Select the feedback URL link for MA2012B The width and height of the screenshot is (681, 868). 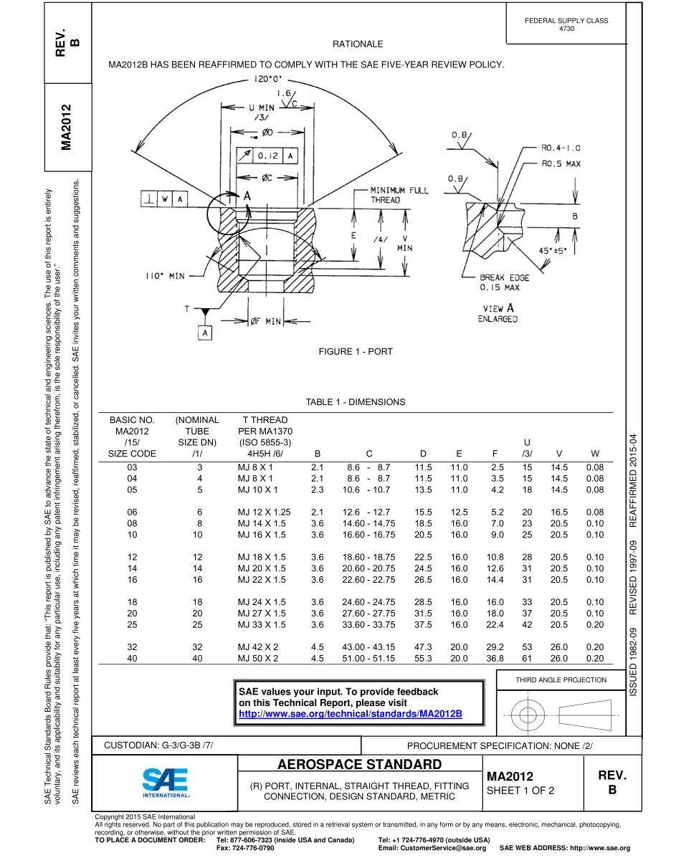tap(350, 715)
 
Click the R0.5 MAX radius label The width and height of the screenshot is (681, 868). tap(561, 163)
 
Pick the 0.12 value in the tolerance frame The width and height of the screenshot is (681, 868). tap(269, 154)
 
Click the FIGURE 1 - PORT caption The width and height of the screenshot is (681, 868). tap(356, 351)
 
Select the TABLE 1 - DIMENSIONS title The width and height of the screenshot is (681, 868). tap(356, 402)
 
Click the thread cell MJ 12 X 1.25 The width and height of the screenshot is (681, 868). tap(264, 512)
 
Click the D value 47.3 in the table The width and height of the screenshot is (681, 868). tap(423, 647)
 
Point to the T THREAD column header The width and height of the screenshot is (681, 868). tap(265, 420)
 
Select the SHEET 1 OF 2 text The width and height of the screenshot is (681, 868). tap(520, 791)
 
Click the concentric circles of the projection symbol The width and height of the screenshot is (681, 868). tap(528, 714)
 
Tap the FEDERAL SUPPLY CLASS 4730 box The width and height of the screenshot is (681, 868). tap(566, 24)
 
